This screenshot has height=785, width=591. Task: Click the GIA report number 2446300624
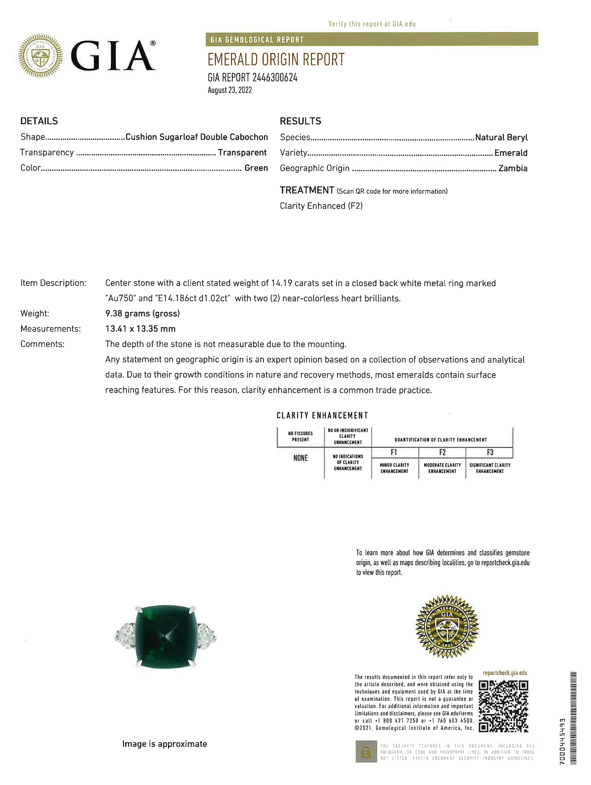(x=253, y=78)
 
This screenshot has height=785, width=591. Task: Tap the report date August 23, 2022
(x=230, y=90)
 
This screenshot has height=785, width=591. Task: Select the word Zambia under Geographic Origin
(x=513, y=168)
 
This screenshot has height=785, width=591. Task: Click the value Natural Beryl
(x=501, y=138)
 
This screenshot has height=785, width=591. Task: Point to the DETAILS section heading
(x=39, y=121)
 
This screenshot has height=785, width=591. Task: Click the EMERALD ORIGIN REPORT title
(x=276, y=60)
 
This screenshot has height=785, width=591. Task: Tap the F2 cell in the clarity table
(x=442, y=452)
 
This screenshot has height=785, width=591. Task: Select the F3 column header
(x=490, y=452)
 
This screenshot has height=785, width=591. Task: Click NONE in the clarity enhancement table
(x=301, y=458)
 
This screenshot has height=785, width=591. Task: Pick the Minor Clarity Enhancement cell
(x=394, y=468)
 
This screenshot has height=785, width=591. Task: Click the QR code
(x=504, y=706)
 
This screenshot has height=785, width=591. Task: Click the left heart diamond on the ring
(x=125, y=635)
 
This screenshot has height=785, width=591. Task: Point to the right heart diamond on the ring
(x=206, y=635)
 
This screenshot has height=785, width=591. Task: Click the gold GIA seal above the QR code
(x=447, y=626)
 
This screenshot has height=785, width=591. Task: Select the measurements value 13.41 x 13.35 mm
(x=140, y=329)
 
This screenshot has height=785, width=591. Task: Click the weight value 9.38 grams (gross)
(x=142, y=314)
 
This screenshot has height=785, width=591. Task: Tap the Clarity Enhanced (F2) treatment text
(x=321, y=206)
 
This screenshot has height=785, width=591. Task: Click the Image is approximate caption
(x=164, y=744)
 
